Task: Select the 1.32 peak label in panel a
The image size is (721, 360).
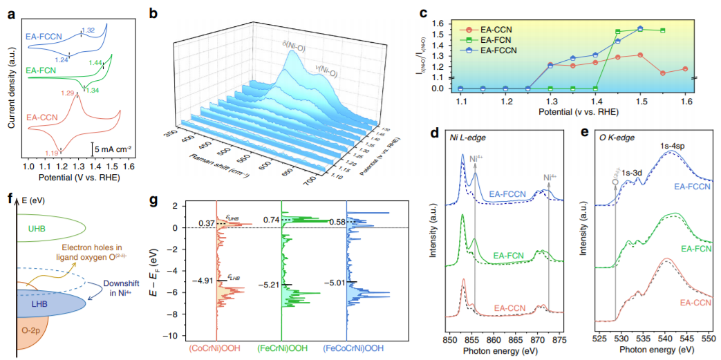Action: (x=88, y=30)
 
